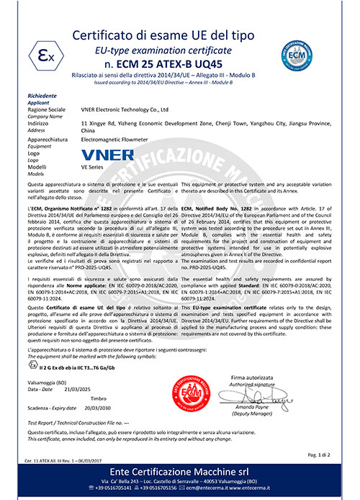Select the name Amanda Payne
[x=264, y=407]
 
